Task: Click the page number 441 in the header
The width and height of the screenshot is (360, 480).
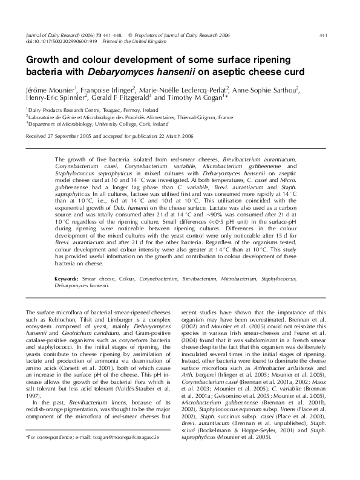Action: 323,36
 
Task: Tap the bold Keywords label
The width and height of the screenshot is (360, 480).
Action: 67,279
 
